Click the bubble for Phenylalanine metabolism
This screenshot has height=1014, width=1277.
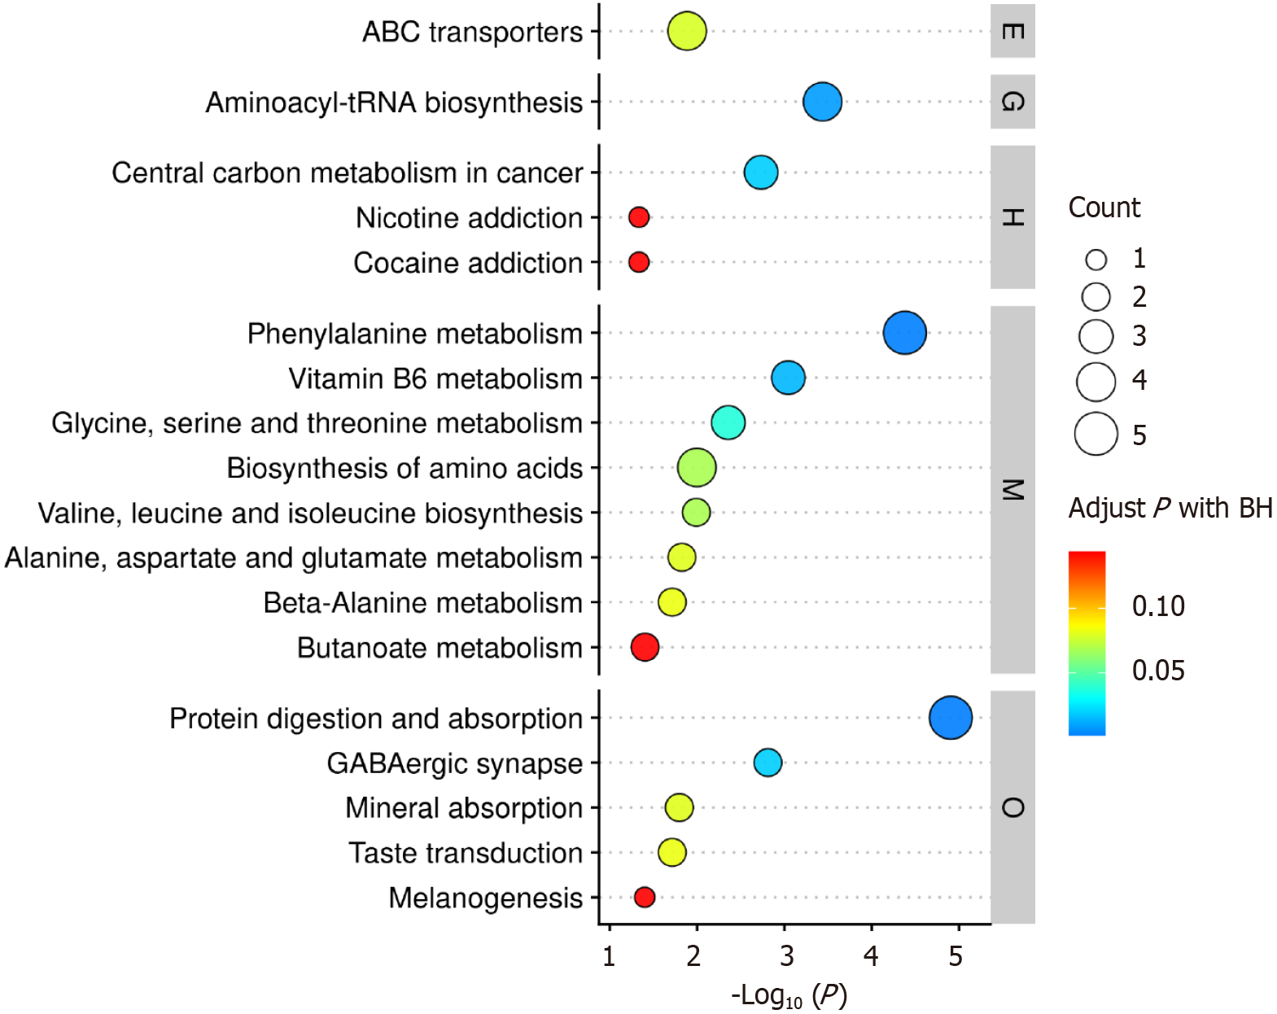click(904, 333)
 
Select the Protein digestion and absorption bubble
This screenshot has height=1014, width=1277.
click(950, 718)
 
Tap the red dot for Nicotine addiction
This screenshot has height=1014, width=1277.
click(639, 217)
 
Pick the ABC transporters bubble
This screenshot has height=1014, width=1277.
click(687, 32)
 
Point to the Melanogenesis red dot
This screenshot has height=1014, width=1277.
click(644, 897)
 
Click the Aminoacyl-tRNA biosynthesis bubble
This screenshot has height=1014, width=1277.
click(822, 103)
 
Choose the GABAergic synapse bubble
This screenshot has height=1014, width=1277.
click(768, 763)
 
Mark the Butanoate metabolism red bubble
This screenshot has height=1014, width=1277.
click(645, 647)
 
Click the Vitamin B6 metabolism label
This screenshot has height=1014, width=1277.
click(435, 378)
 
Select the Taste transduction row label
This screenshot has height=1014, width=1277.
click(466, 853)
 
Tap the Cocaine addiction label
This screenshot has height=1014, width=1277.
click(468, 263)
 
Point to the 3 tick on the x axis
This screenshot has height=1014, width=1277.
click(785, 956)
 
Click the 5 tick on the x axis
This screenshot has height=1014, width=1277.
click(956, 956)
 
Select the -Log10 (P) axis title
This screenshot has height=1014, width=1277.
click(788, 995)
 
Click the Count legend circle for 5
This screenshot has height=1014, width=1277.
click(1096, 434)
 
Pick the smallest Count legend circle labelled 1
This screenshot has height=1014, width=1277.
click(1096, 260)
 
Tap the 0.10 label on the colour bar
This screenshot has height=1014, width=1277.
click(1158, 606)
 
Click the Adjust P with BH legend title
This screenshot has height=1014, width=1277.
click(1170, 508)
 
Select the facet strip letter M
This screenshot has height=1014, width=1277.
click(1012, 489)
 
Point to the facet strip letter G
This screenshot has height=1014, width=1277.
click(1012, 102)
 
